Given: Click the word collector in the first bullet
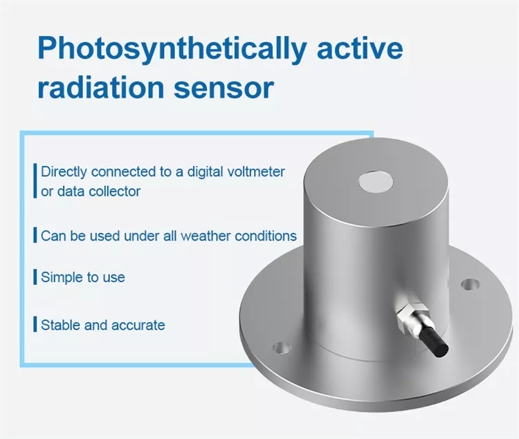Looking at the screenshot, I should [114, 191].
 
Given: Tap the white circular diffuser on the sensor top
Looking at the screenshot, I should [376, 183].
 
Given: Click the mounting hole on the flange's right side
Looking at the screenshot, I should [470, 283].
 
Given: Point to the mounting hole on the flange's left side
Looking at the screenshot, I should [280, 348].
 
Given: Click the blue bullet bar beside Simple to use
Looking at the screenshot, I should [35, 278].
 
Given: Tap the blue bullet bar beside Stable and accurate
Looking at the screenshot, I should [35, 324].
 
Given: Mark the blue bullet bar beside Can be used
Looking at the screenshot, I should [35, 236].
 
